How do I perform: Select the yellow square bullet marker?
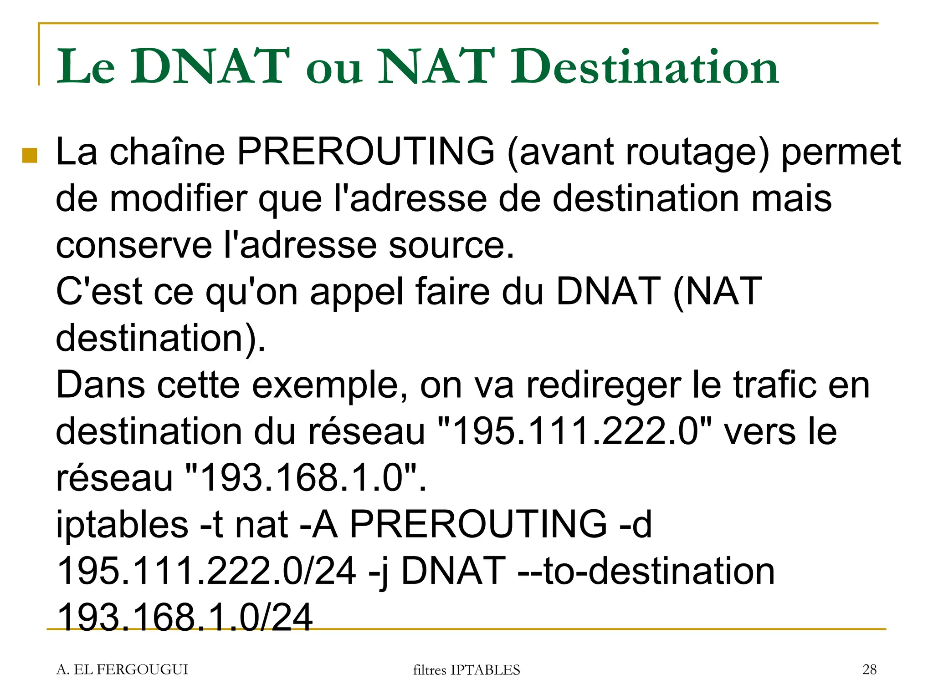click(x=30, y=155)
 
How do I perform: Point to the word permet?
click(x=841, y=152)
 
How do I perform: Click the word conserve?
click(x=134, y=246)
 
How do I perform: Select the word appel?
click(x=357, y=292)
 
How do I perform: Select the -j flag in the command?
click(x=378, y=572)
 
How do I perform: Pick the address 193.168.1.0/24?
click(x=185, y=618)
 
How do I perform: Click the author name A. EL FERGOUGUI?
click(x=122, y=669)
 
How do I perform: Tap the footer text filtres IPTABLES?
click(x=466, y=670)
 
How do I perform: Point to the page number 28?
click(x=869, y=669)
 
